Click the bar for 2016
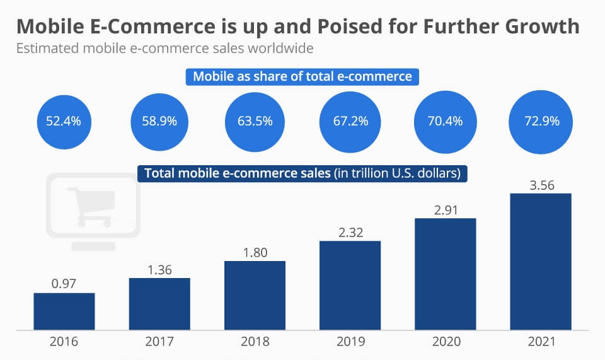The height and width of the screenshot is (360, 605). [x=64, y=311]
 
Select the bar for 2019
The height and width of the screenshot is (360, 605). [x=350, y=286]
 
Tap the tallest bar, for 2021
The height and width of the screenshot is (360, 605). [x=540, y=262]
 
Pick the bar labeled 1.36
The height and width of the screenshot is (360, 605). [x=159, y=304]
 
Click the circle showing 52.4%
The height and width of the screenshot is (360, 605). [x=63, y=121]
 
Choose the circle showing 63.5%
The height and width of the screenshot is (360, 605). [x=255, y=121]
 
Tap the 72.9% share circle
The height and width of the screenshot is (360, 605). [x=541, y=121]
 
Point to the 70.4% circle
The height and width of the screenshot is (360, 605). [x=446, y=121]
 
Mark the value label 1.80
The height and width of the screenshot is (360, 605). [x=255, y=253]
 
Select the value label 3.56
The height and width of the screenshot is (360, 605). [x=540, y=185]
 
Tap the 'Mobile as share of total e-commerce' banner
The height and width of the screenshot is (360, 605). [x=302, y=77]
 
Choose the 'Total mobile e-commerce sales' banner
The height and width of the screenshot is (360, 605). [x=302, y=173]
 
